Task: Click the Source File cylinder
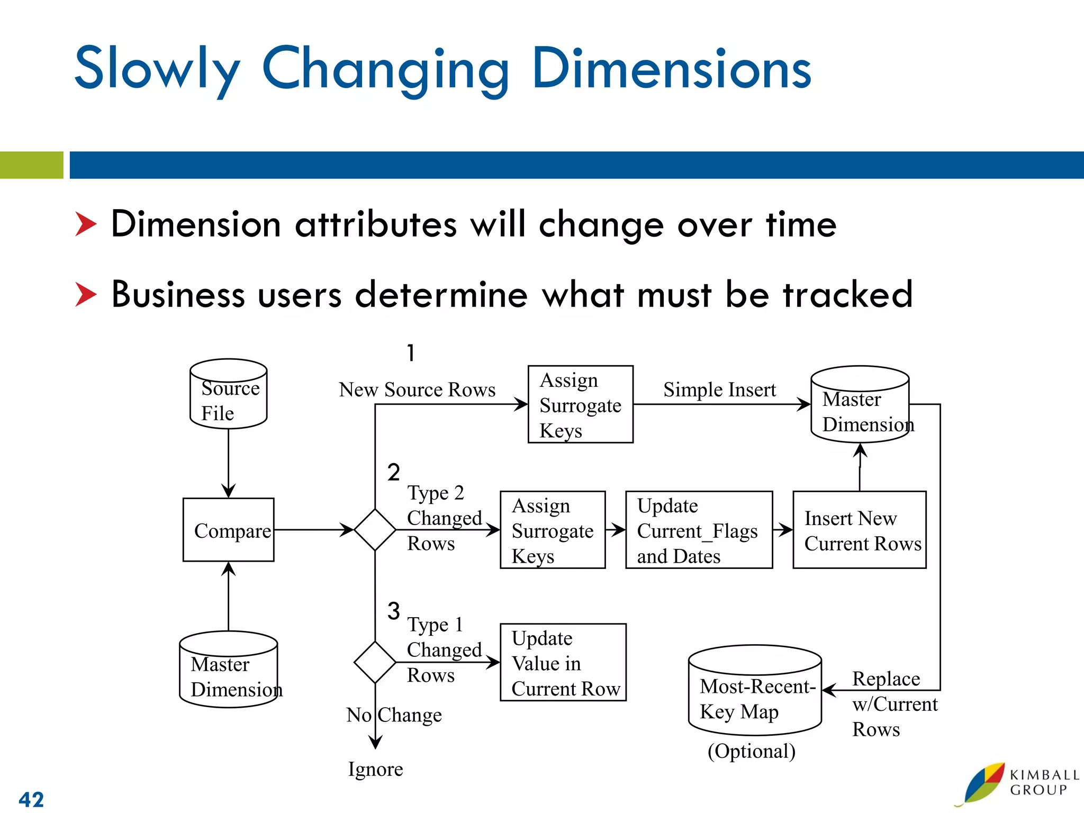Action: coord(228,394)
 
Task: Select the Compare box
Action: coord(228,530)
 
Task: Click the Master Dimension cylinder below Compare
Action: coord(228,670)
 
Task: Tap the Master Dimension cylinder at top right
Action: coord(860,405)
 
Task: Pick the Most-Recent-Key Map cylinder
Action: coord(754,691)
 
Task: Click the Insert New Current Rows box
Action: coord(859,530)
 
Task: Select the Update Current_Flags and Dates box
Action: coord(699,530)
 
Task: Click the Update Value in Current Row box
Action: coord(563,662)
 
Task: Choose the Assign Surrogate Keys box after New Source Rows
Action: coord(580,404)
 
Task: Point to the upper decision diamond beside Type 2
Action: coord(375,530)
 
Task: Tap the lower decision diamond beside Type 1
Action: coord(375,662)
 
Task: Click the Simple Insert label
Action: coord(719,390)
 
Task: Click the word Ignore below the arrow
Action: coord(375,769)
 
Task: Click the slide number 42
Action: coord(31,799)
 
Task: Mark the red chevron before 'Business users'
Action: coord(86,294)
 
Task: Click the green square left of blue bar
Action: coord(31,165)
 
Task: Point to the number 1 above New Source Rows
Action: coord(411,353)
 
